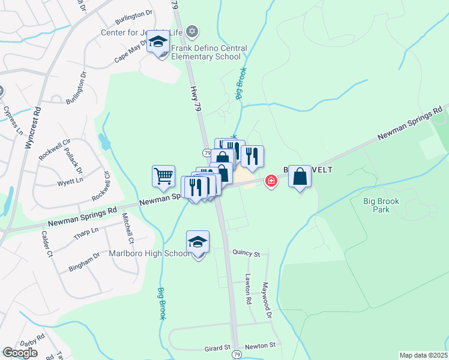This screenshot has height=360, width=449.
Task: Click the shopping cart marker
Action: pyautogui.click(x=163, y=176)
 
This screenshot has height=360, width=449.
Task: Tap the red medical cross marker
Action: pyautogui.click(x=271, y=180)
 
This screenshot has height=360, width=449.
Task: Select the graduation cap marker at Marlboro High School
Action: pyautogui.click(x=197, y=242)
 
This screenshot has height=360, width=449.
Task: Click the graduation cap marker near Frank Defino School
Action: pyautogui.click(x=158, y=42)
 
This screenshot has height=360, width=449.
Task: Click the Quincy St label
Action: pyautogui.click(x=247, y=254)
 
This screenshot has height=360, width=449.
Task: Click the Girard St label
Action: pyautogui.click(x=218, y=347)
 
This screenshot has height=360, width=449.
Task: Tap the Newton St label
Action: pyautogui.click(x=263, y=346)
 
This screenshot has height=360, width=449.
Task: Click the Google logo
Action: pyautogui.click(x=20, y=353)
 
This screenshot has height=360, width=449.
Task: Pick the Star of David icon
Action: pyautogui.click(x=192, y=31)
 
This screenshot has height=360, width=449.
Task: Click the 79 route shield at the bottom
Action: pyautogui.click(x=237, y=355)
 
